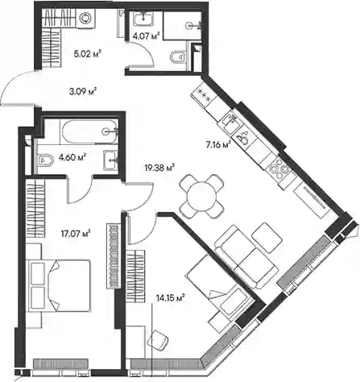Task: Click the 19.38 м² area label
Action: [x=159, y=168]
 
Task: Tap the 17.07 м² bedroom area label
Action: [x=75, y=234]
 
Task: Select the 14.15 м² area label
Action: [x=170, y=297]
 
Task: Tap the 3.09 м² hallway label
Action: [x=83, y=92]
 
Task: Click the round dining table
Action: [x=201, y=197]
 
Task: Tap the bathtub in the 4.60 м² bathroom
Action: [x=90, y=132]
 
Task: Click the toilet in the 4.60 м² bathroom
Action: [x=44, y=160]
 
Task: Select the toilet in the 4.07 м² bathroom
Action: [x=178, y=56]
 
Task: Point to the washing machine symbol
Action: [x=85, y=19]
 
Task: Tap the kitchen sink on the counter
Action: [x=229, y=121]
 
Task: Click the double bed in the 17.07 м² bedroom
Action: [x=59, y=285]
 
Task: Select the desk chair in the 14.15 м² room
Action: [x=158, y=340]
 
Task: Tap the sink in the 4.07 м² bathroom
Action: [x=144, y=19]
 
